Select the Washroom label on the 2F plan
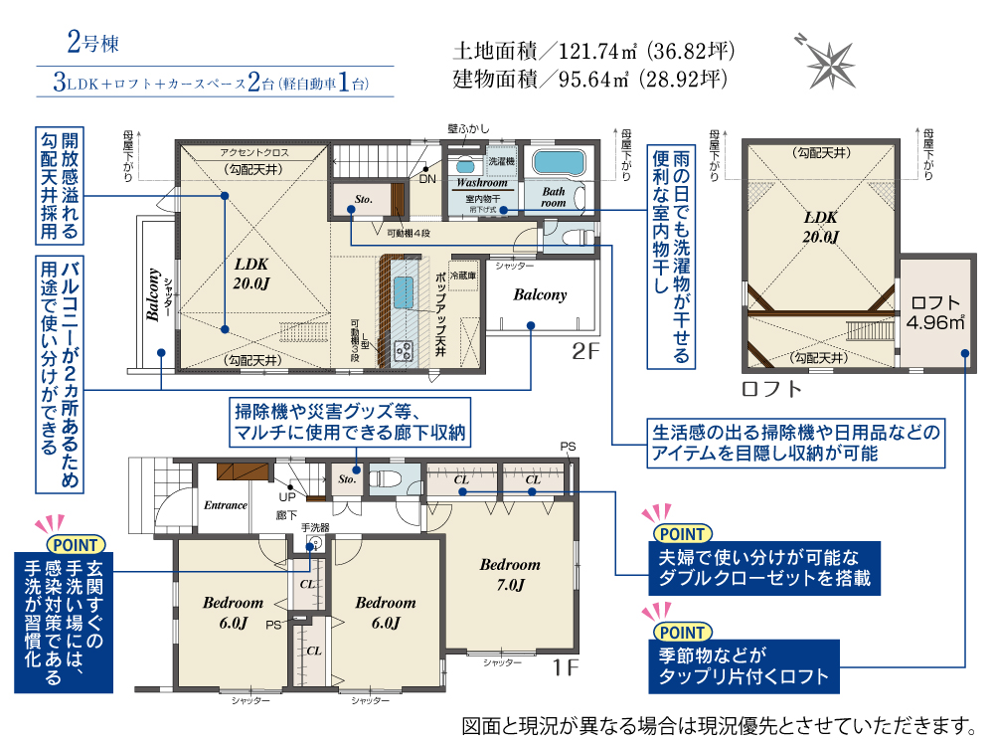click(x=481, y=183)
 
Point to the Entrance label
click(x=226, y=505)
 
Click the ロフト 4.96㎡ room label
click(x=934, y=312)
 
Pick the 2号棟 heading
click(x=93, y=43)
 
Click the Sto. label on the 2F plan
click(x=363, y=200)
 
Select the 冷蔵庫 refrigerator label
click(x=464, y=274)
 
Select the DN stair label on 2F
click(x=427, y=178)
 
